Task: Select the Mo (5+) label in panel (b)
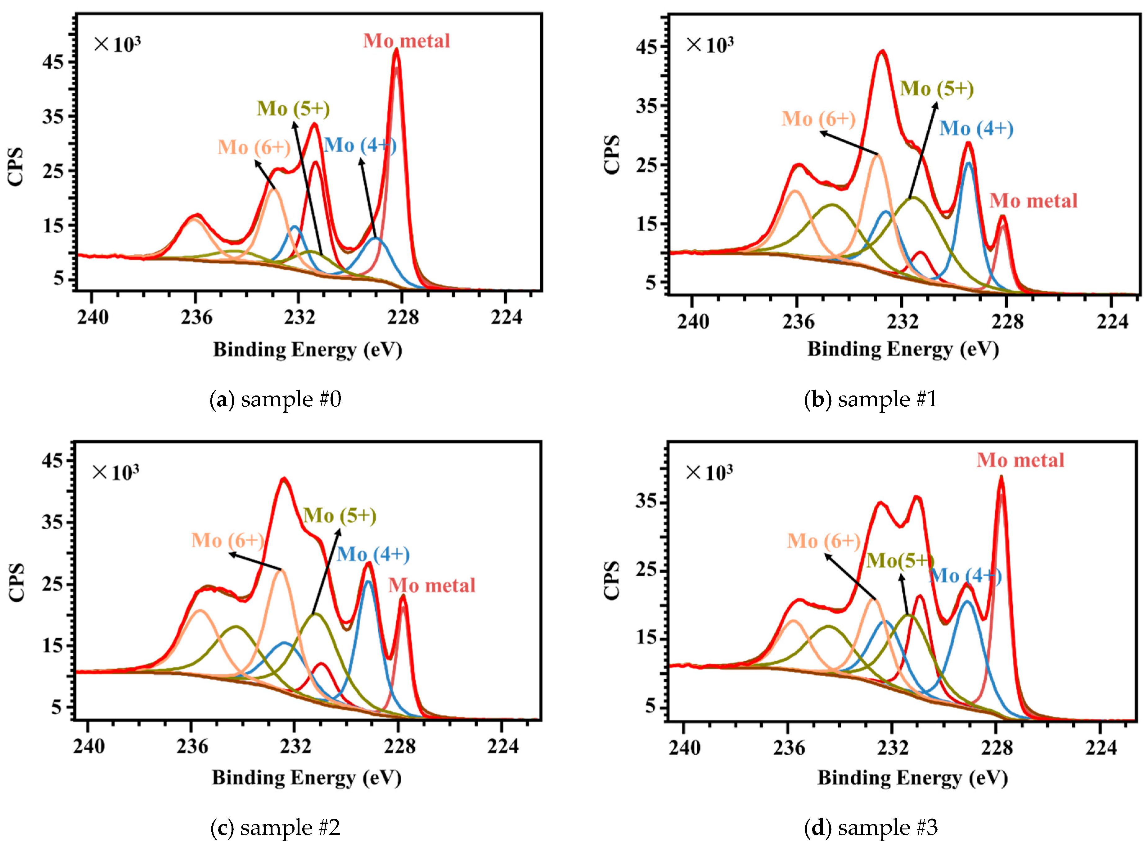937,89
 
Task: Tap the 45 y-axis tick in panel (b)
646,47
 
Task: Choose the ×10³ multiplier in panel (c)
116,472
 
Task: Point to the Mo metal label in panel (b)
1033,201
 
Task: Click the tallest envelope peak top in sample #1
882,51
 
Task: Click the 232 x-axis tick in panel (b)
903,321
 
